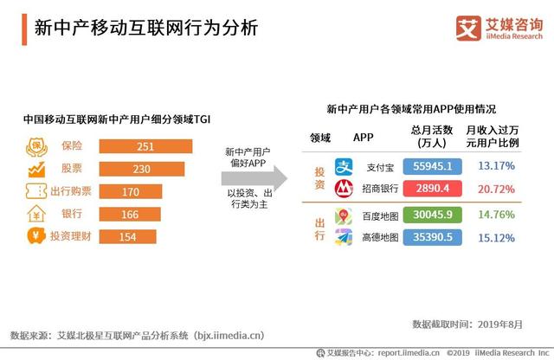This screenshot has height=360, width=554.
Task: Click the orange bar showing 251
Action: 145,146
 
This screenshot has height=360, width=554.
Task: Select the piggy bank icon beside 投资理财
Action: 37,236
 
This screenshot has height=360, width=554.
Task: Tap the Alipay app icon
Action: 345,165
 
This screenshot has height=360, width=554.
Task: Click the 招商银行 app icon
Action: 345,188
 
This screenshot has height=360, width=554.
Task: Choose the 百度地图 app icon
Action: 345,214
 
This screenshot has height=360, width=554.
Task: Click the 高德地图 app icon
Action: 345,236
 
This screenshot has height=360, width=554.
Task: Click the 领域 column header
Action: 320,137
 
